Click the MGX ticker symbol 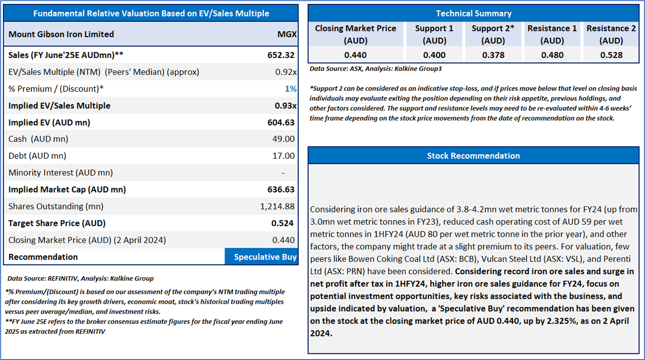(287, 34)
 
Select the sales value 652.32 (281, 55)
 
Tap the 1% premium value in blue (291, 89)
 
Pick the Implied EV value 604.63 (281, 122)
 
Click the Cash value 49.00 (283, 139)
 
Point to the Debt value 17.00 (283, 156)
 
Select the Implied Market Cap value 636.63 (281, 190)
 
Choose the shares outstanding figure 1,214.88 (277, 206)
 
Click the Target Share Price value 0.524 (282, 223)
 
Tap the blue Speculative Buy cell (262, 257)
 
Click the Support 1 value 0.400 (434, 55)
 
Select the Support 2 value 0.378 (493, 55)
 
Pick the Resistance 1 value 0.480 (552, 55)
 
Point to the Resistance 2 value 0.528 (611, 55)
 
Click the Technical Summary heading (474, 13)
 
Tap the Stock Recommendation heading (474, 156)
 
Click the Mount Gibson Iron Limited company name (61, 34)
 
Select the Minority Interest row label (60, 173)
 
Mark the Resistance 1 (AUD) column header (552, 34)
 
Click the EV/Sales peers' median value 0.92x (286, 72)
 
